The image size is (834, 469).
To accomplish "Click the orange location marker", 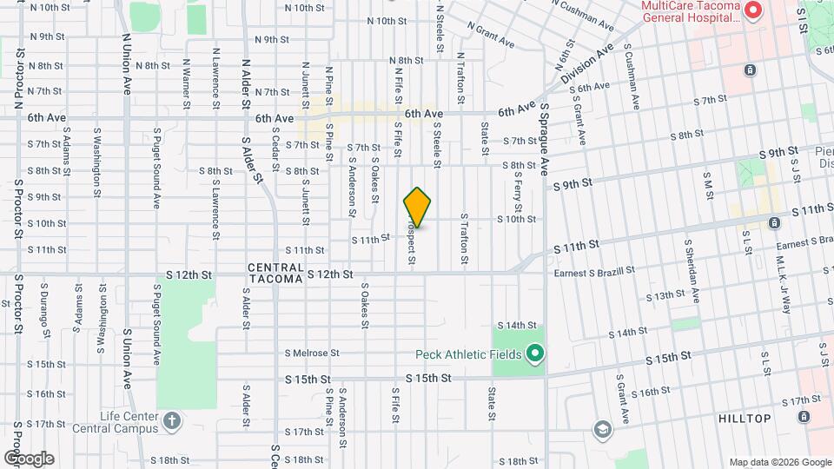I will click(x=418, y=208).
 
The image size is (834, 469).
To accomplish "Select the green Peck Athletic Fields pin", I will click(x=535, y=353).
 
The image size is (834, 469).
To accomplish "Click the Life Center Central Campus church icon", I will click(x=173, y=421).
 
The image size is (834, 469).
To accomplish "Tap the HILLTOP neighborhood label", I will click(x=745, y=419).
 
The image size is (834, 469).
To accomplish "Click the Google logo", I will click(x=28, y=458).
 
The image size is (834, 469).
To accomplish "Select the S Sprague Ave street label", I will click(x=546, y=139).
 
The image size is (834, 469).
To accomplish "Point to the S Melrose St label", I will click(x=311, y=353).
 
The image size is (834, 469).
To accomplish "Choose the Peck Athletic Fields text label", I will click(x=468, y=354).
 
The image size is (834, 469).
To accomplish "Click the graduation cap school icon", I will click(x=602, y=429).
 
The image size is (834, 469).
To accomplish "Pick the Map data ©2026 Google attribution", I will click(x=779, y=462).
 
